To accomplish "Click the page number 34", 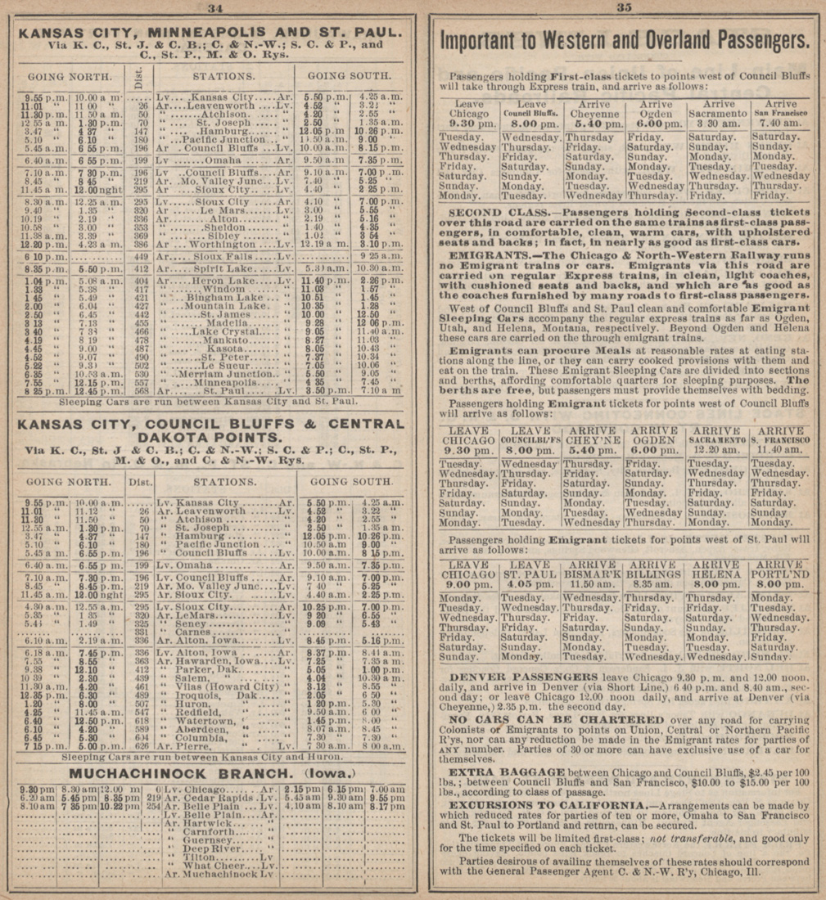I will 215,8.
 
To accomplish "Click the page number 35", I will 625,8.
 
